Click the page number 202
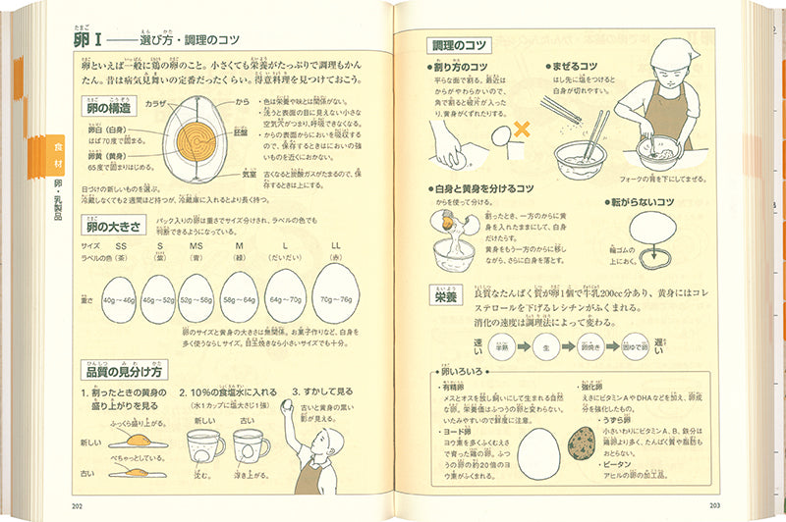pos(77,506)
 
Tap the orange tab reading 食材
pos(50,148)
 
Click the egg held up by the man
pos(287,403)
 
